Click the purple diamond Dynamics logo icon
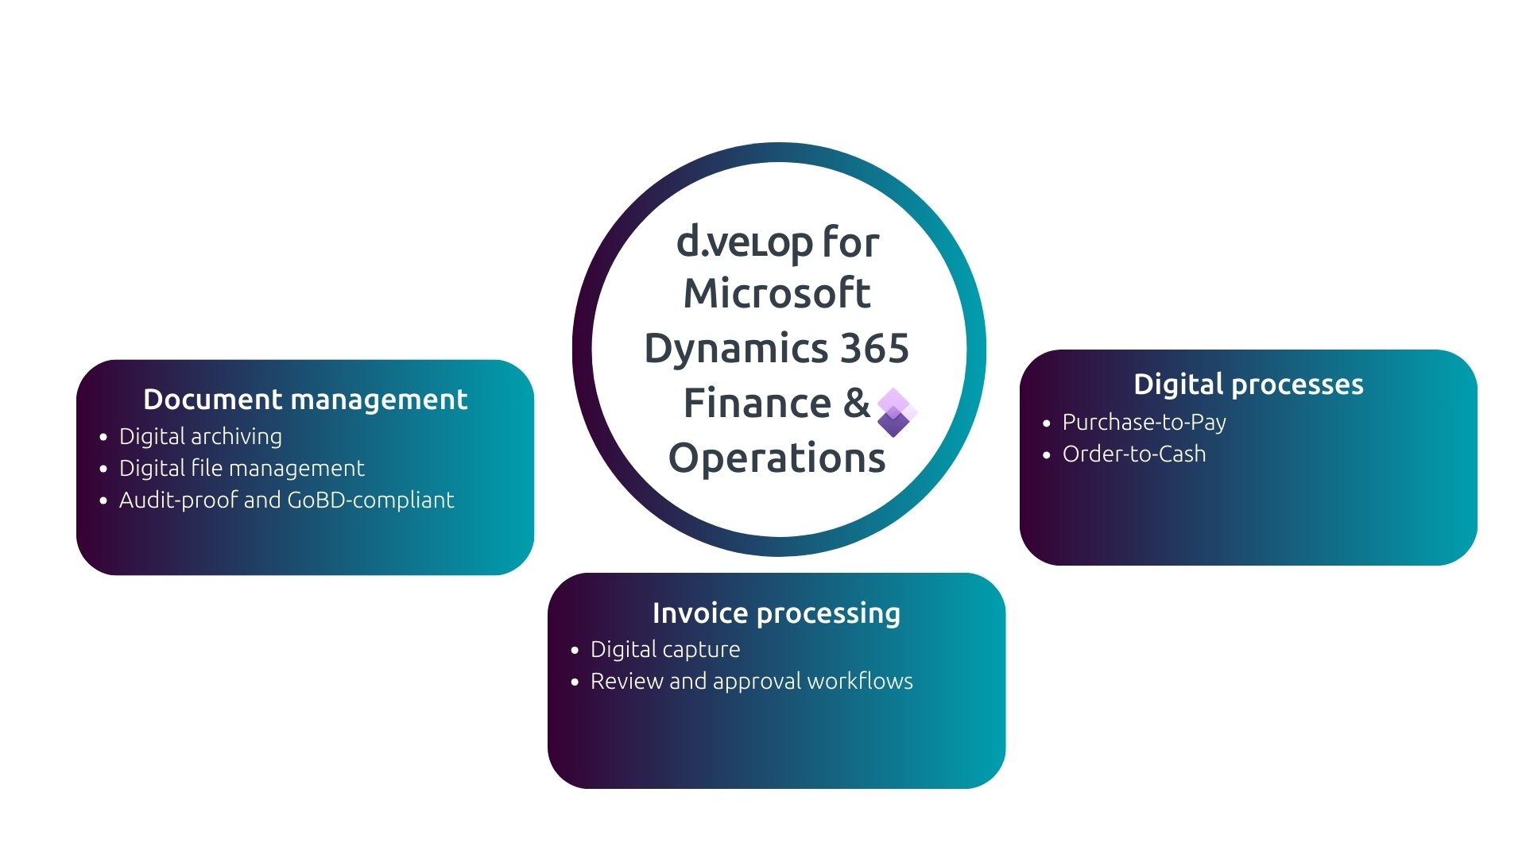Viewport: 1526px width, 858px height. (x=896, y=412)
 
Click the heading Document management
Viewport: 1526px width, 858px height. (x=305, y=399)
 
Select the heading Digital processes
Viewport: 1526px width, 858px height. (x=1248, y=385)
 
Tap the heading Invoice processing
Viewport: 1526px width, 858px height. (x=776, y=613)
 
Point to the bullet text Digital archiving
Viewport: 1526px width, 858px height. (x=200, y=436)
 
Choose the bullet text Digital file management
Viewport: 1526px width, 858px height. (x=242, y=468)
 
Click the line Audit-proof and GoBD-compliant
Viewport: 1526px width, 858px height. (x=286, y=500)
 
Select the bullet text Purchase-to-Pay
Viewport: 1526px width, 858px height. (x=1144, y=422)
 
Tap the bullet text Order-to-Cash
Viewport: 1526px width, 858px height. (x=1134, y=454)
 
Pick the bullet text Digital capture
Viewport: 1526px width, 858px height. (x=665, y=649)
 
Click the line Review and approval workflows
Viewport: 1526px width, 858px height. (x=751, y=681)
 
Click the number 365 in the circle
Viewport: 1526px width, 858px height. (x=874, y=348)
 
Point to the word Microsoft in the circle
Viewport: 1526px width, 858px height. (x=777, y=293)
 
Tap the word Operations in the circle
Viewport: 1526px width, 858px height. (x=777, y=458)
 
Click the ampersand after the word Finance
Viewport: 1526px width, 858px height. (x=856, y=403)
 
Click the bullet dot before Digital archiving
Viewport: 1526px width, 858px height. (x=103, y=437)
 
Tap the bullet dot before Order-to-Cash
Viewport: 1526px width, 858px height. (x=1047, y=454)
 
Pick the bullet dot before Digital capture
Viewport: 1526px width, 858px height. (x=575, y=650)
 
